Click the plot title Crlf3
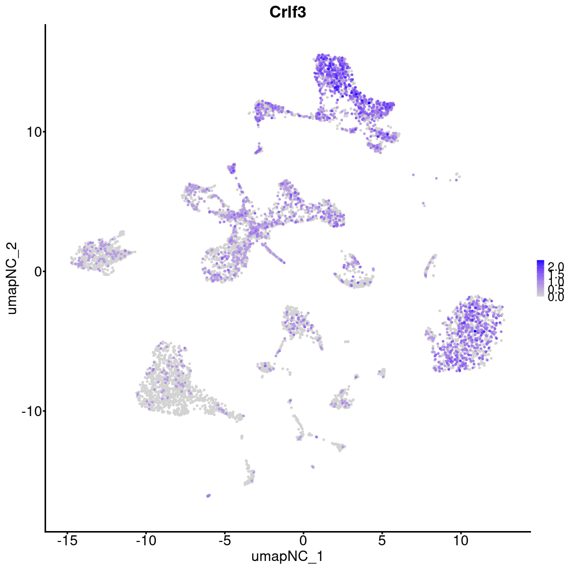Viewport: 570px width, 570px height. click(x=287, y=12)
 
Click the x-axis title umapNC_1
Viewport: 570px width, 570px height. click(x=287, y=556)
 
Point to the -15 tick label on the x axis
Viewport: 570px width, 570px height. click(x=67, y=541)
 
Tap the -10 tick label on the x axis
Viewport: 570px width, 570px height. click(x=145, y=541)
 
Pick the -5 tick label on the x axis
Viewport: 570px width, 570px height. click(x=224, y=541)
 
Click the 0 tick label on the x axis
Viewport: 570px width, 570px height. click(x=303, y=541)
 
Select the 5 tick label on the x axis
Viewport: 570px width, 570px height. click(x=382, y=541)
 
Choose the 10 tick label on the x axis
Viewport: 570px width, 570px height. click(x=460, y=541)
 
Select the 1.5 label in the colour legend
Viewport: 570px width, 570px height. click(x=555, y=275)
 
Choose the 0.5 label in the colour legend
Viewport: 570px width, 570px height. click(x=555, y=289)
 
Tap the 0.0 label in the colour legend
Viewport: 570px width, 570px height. click(x=555, y=297)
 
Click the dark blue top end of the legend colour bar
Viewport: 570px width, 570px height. click(x=541, y=262)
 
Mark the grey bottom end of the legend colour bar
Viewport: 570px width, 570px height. click(x=541, y=295)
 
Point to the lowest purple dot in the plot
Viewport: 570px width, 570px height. click(x=208, y=495)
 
